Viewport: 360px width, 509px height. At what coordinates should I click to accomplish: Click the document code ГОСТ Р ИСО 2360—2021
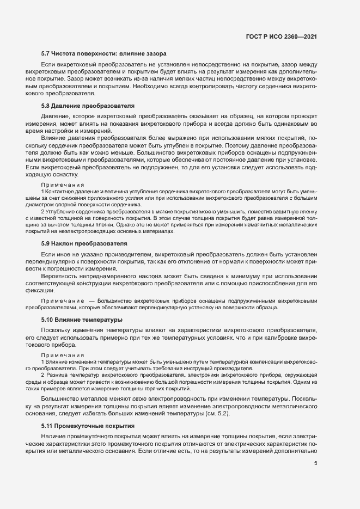coord(280,36)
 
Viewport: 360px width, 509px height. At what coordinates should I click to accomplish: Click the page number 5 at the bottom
coord(316,463)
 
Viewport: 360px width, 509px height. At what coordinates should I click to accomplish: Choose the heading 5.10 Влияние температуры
coord(82,320)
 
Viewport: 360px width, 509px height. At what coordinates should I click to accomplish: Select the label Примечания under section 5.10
coord(60,355)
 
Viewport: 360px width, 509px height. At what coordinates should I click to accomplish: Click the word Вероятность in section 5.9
coord(60,277)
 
